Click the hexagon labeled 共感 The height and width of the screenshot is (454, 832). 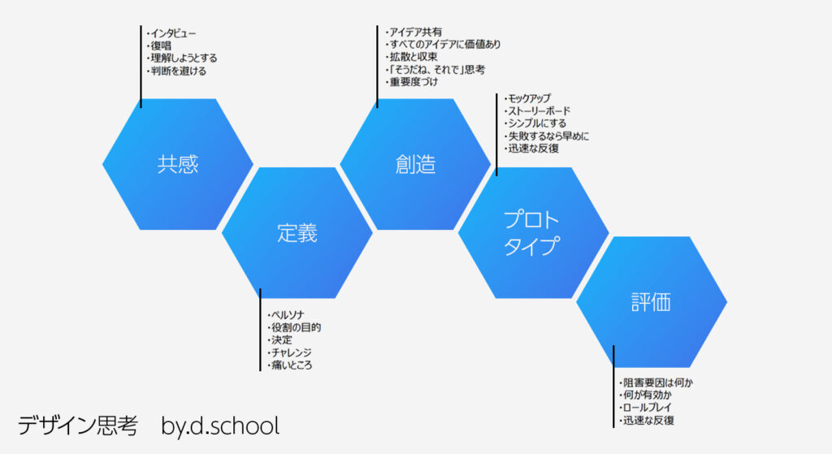point(178,164)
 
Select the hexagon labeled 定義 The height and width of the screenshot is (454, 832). point(297,233)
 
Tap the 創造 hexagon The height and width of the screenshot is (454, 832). point(415,164)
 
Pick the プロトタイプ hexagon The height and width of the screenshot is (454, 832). point(533,233)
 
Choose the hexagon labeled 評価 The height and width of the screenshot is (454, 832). point(652,302)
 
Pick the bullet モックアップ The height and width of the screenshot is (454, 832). point(528,98)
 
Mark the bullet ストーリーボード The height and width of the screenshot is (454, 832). point(538,110)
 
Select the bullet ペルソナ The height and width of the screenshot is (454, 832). point(286,315)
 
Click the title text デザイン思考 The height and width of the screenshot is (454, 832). point(78,426)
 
